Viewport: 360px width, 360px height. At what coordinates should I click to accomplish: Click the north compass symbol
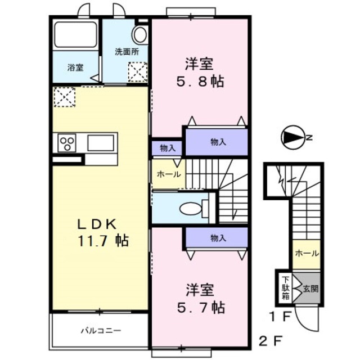click(x=292, y=137)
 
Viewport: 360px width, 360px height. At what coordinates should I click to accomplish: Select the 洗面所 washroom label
click(x=127, y=52)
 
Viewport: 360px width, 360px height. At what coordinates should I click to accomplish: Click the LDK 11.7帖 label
click(x=102, y=232)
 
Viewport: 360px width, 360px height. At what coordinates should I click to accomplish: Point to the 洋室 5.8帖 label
click(x=201, y=72)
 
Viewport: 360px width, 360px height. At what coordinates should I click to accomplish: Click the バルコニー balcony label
click(x=100, y=330)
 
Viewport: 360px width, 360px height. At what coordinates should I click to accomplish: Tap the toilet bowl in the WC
click(x=191, y=208)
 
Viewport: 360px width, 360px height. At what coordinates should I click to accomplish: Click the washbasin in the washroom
click(x=139, y=34)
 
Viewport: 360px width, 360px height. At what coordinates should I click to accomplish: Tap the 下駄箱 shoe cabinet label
click(x=285, y=287)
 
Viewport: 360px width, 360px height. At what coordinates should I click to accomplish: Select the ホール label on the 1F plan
click(x=305, y=253)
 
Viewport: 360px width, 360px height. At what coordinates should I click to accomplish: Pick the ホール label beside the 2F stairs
click(x=169, y=174)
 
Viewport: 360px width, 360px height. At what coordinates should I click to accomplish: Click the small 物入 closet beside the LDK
click(x=167, y=148)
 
